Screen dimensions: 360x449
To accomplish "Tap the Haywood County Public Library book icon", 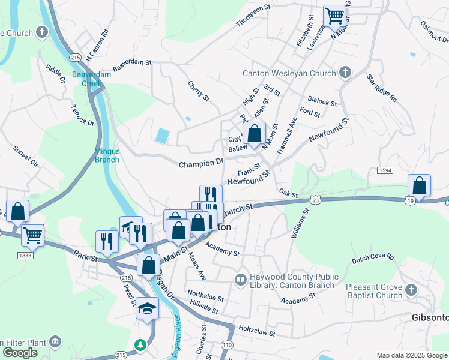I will tap(240, 280).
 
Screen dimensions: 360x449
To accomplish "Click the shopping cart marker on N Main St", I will tap(334, 16).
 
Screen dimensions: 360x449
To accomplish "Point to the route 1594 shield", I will tap(385, 171).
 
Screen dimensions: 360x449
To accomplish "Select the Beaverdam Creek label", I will tap(87, 79).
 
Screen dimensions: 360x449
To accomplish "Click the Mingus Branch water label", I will tap(106, 155).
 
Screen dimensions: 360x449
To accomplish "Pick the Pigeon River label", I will tap(176, 341).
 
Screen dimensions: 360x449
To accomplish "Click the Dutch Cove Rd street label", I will tap(373, 257).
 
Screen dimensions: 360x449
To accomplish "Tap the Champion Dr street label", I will tap(200, 163).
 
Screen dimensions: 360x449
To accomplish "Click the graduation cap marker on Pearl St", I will tap(146, 310).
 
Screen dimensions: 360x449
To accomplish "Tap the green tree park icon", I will tap(140, 345).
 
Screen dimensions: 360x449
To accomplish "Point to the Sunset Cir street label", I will tap(26, 155).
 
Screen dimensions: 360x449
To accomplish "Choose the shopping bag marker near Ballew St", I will tap(255, 134).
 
